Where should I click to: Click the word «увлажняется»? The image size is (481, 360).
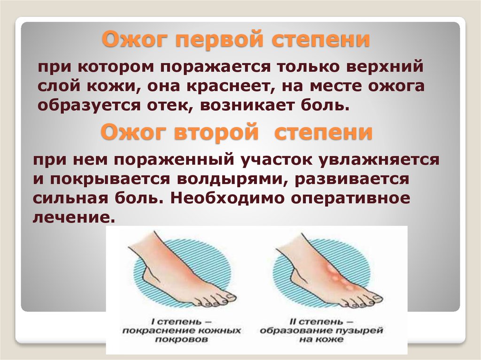[x=379, y=160]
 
